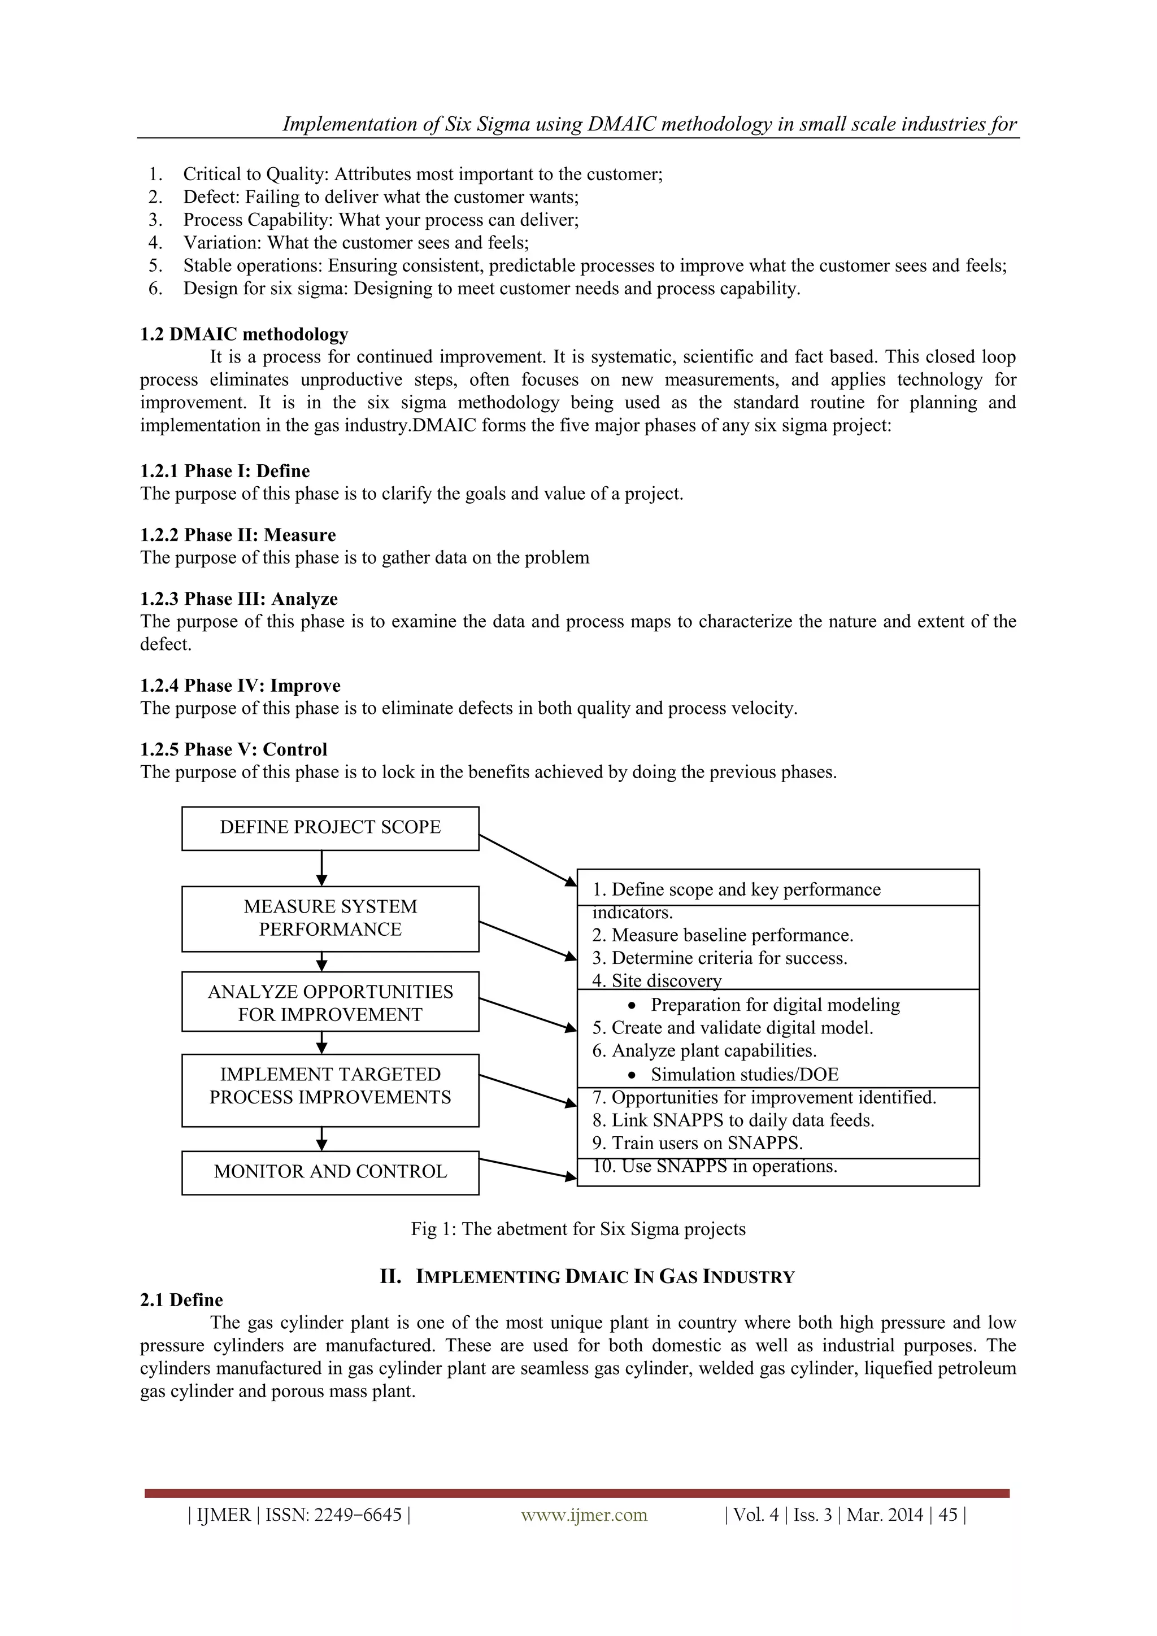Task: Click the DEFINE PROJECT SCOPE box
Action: click(330, 828)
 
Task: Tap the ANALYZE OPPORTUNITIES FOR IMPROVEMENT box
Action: click(330, 1002)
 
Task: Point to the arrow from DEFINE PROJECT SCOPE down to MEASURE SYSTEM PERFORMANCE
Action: click(322, 868)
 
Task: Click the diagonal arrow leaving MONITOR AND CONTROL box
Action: click(528, 1168)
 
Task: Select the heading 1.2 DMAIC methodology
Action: click(244, 334)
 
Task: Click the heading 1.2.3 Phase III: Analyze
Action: click(239, 599)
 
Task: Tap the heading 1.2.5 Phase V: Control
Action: click(233, 749)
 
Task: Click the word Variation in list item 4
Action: click(223, 243)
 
